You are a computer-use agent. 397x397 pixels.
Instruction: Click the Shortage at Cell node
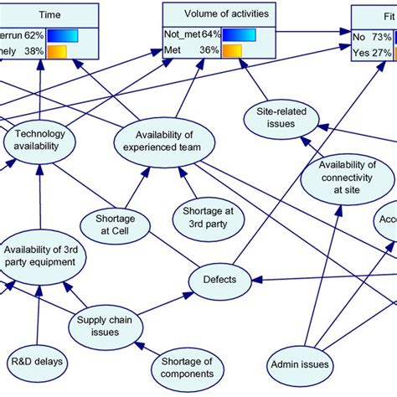coord(108,224)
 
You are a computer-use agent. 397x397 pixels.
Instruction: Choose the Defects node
coord(220,279)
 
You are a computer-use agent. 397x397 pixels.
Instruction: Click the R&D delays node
coord(39,362)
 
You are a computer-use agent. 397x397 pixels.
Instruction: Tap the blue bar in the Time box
coord(63,35)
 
